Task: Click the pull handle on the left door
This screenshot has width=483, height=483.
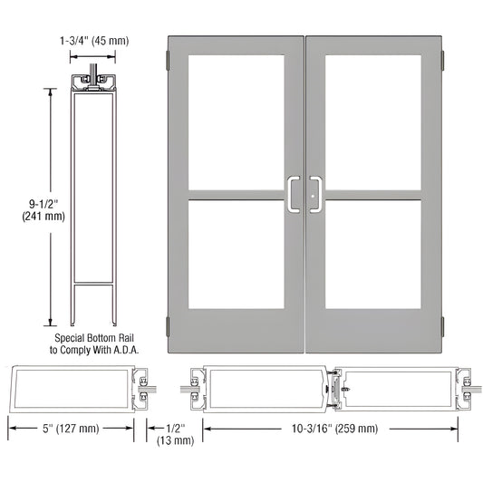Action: (295, 194)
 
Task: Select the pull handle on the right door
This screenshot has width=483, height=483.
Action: (315, 194)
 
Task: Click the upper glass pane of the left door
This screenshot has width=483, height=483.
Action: (236, 122)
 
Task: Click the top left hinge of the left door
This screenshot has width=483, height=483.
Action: (168, 62)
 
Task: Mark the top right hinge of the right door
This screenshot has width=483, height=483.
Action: (443, 62)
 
